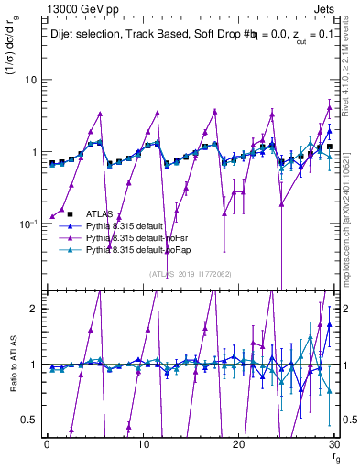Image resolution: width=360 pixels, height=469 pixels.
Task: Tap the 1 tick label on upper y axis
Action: pyautogui.click(x=33, y=152)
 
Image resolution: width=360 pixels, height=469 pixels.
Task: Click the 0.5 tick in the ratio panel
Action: pyautogui.click(x=28, y=420)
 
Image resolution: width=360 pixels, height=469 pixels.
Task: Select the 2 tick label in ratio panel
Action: pyautogui.click(x=33, y=309)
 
